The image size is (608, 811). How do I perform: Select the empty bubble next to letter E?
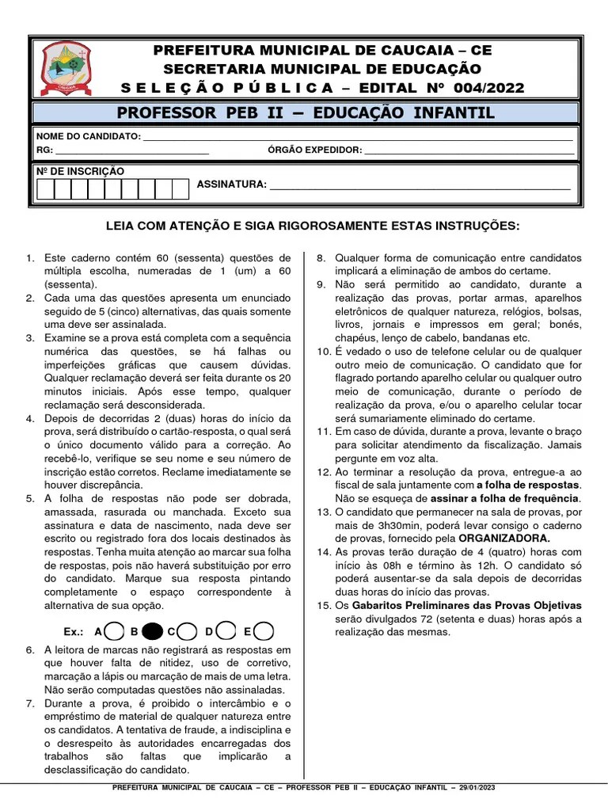265,631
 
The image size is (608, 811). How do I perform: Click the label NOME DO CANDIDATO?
88,137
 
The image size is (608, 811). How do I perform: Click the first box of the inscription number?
46,188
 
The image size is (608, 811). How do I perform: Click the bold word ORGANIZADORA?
505,538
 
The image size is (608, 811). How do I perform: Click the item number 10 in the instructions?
323,352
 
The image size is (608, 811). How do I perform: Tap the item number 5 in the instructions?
30,499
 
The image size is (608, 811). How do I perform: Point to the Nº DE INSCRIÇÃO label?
80,171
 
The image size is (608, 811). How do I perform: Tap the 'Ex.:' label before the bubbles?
74,632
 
